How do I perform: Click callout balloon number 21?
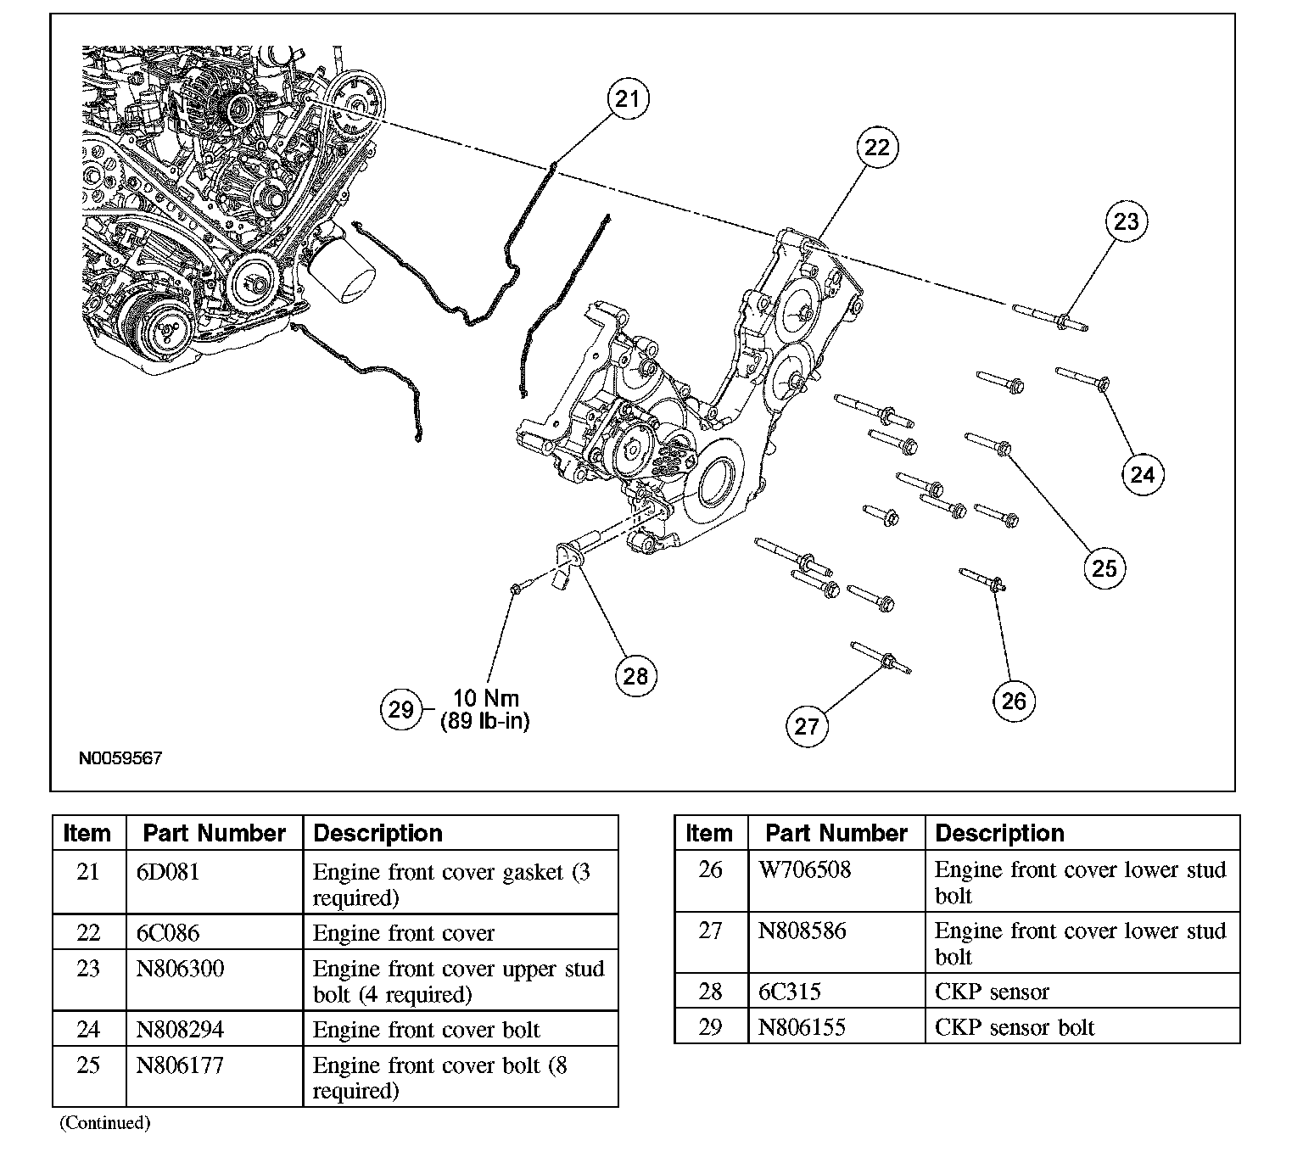[x=627, y=99]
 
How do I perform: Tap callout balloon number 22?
[x=876, y=148]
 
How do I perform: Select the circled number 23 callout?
[x=1126, y=221]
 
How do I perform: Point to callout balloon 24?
[x=1143, y=474]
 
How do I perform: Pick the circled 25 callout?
[x=1104, y=567]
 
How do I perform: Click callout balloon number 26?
[x=1014, y=701]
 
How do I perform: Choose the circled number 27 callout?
[x=807, y=725]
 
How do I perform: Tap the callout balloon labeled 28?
[x=635, y=675]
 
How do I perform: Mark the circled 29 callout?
[x=400, y=709]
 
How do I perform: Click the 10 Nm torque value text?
[x=486, y=698]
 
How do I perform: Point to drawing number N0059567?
[x=120, y=758]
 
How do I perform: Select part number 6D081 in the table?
[x=168, y=872]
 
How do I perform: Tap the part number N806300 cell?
[x=180, y=969]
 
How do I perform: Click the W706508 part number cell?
[x=804, y=870]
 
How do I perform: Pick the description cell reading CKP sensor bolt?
[x=1014, y=1027]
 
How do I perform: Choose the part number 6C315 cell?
[x=789, y=992]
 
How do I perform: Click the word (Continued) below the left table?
[x=104, y=1123]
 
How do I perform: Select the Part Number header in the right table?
[x=836, y=833]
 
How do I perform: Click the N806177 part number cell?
[x=180, y=1065]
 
